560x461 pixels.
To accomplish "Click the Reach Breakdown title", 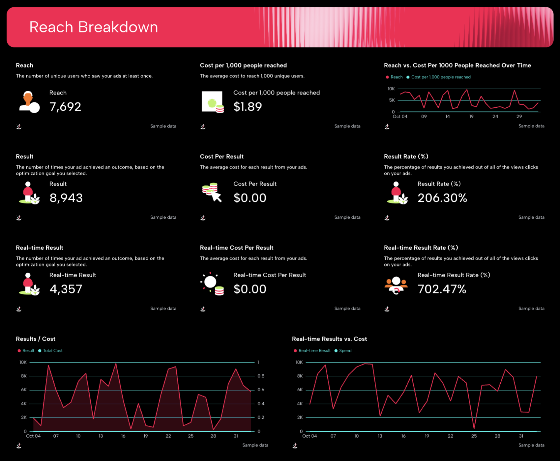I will coord(94,27).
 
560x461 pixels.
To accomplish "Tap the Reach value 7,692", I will coord(65,107).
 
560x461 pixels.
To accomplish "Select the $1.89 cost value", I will coord(248,107).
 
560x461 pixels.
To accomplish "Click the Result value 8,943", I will coord(66,198).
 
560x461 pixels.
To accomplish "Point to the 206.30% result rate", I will coord(442,198).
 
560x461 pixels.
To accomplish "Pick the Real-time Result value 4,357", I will coord(66,289).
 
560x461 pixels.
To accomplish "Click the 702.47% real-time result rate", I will coord(442,289).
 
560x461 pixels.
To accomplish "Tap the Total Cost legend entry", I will coord(52,351).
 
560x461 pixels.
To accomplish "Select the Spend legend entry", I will coord(345,351).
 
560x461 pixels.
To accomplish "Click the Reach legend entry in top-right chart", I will coord(396,77).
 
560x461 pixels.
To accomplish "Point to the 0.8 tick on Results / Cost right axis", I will coord(261,376).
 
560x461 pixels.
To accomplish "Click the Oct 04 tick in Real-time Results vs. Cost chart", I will coord(309,436).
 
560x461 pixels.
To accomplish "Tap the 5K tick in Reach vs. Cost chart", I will coord(392,100).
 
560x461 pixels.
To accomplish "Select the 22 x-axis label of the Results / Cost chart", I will coord(168,436).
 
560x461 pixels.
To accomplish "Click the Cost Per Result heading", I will coord(221,157).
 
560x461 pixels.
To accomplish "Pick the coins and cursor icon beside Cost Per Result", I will coord(212,192).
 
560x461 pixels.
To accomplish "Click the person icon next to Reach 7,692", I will coord(29,102).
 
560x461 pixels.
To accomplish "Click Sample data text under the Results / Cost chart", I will coord(255,445).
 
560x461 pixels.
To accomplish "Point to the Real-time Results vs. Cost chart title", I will coord(329,339).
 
